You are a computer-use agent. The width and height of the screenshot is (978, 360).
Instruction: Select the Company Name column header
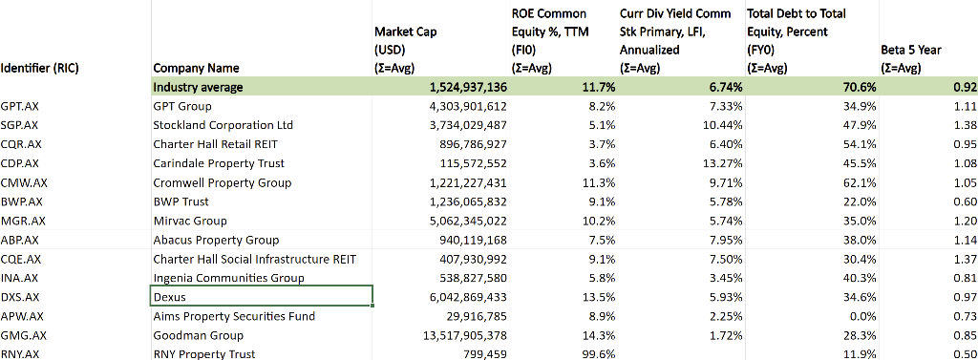point(196,68)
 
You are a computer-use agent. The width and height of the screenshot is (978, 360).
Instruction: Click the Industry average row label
point(199,87)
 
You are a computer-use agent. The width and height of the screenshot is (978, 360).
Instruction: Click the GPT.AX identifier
point(20,106)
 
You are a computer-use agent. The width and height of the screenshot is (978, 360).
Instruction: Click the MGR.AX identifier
point(23,221)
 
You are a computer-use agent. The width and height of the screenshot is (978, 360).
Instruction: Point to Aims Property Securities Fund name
point(234,316)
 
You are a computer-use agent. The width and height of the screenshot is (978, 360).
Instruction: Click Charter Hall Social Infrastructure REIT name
point(254,259)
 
